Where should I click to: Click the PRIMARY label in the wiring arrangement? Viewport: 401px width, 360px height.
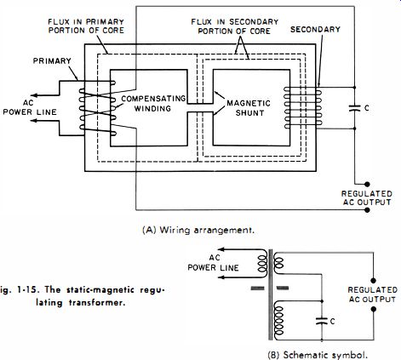click(52, 61)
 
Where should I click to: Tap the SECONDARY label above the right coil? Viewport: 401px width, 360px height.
click(315, 30)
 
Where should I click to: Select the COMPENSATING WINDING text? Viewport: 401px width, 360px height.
click(153, 104)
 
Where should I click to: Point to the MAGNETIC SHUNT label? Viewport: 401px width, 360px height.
click(249, 108)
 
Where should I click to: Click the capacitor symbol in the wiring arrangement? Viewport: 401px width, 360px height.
click(354, 108)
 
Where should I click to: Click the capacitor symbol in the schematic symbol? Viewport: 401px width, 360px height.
click(322, 321)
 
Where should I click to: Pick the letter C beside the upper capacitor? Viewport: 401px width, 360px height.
click(367, 108)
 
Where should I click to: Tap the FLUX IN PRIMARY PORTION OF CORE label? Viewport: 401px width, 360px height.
click(86, 26)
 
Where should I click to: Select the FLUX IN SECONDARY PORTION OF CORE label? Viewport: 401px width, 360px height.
click(234, 26)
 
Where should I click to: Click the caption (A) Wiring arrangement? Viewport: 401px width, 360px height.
click(198, 230)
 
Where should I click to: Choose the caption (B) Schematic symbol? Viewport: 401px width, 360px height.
click(318, 355)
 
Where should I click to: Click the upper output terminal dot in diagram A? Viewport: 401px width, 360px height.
click(367, 185)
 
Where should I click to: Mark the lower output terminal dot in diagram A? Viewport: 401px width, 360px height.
click(367, 210)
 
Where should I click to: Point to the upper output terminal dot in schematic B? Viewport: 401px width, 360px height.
click(373, 281)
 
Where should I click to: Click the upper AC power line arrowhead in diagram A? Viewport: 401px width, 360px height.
click(34, 95)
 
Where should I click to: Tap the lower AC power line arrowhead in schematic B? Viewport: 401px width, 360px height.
click(221, 277)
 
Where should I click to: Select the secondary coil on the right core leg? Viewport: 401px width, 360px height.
click(302, 108)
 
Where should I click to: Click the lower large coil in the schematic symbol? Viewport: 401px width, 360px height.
click(278, 322)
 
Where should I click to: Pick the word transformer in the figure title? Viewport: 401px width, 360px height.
click(97, 303)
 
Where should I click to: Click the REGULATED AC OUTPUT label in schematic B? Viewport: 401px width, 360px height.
click(372, 294)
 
